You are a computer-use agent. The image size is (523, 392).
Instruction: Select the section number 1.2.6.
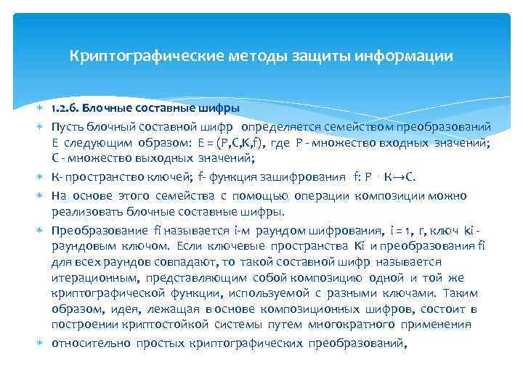pyautogui.click(x=65, y=108)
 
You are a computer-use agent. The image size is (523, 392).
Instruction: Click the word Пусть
pyautogui.click(x=67, y=126)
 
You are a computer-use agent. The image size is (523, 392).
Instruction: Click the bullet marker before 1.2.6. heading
pyautogui.click(x=41, y=109)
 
